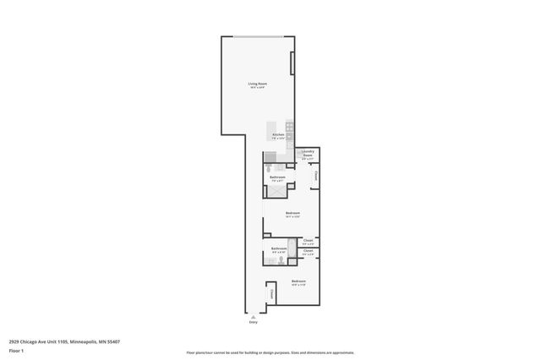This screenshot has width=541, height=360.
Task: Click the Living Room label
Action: click(x=257, y=84)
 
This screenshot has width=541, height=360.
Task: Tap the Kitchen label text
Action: click(x=277, y=135)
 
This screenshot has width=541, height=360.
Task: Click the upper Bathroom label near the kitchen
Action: click(x=277, y=177)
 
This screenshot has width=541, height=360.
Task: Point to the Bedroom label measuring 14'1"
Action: click(x=293, y=214)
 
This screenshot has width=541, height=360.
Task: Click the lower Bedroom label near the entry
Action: click(x=298, y=281)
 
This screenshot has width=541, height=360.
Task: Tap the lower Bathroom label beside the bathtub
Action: click(x=278, y=249)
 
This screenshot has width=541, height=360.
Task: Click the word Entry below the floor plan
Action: click(x=253, y=322)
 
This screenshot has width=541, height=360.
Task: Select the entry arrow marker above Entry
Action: click(x=253, y=315)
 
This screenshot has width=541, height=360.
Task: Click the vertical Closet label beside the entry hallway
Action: click(x=272, y=292)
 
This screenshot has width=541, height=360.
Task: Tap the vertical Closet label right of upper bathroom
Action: click(x=316, y=177)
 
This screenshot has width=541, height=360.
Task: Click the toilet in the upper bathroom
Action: click(x=269, y=168)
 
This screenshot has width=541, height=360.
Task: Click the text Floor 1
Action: click(x=17, y=350)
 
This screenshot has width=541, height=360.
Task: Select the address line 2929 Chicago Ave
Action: click(x=64, y=341)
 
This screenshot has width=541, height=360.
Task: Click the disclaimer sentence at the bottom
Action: click(x=270, y=352)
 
